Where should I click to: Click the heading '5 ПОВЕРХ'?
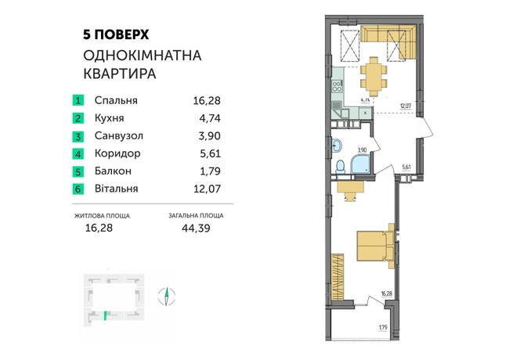pos(116,34)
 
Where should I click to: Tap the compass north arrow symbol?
pos(167,295)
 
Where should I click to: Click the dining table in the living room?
pos(374,77)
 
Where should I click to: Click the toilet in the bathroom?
pos(341,167)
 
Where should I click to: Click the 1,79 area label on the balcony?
pos(383,328)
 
